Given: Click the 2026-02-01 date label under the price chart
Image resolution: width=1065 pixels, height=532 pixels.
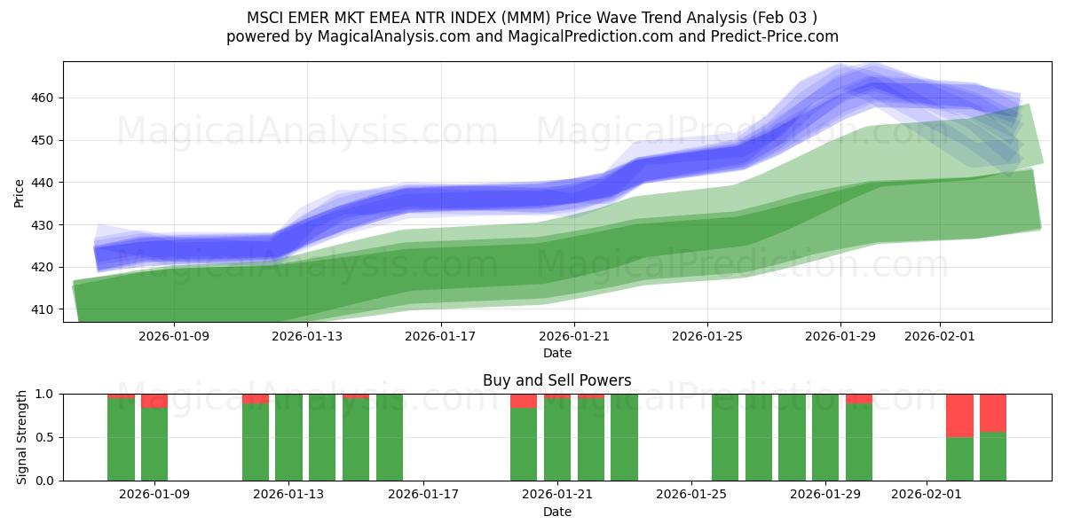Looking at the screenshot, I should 940,336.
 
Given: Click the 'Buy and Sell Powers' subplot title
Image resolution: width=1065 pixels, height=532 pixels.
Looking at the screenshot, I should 556,380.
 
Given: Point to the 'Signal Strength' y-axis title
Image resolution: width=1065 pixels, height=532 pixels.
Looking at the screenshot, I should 22,437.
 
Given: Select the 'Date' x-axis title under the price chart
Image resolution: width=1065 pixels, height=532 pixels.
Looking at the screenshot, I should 556,353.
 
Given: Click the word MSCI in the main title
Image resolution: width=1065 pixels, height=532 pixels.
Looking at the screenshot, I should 266,18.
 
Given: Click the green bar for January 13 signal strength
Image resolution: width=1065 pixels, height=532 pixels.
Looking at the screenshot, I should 288,437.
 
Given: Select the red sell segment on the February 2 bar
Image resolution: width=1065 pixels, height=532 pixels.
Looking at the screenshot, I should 959,415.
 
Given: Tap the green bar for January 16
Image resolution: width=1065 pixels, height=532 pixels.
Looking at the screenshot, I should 390,437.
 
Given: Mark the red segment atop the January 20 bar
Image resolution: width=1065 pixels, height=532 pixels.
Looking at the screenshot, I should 524,401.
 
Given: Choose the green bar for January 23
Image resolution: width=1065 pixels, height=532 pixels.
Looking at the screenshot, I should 624,437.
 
